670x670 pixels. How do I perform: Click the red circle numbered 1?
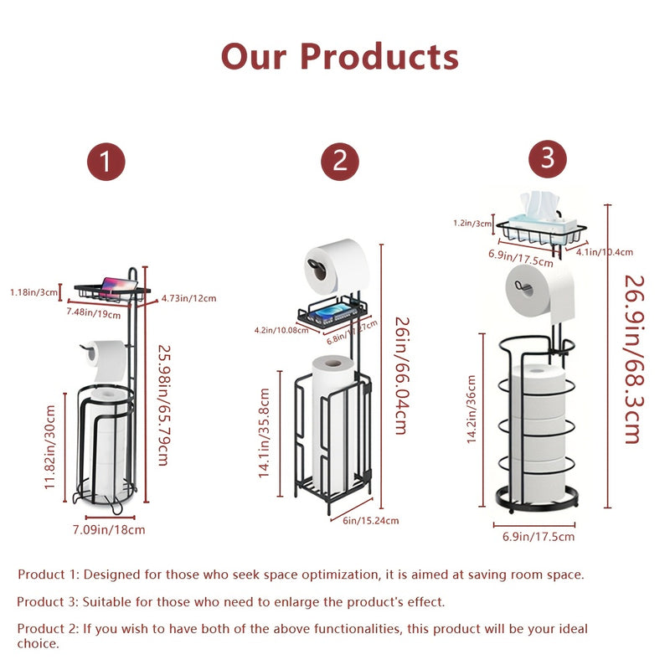pyautogui.click(x=107, y=162)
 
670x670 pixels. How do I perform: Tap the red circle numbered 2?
pyautogui.click(x=340, y=162)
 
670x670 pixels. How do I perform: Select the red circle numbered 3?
pyautogui.click(x=548, y=158)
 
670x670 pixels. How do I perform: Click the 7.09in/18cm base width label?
pyautogui.click(x=109, y=529)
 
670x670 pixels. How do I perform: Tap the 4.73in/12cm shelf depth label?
pyautogui.click(x=188, y=298)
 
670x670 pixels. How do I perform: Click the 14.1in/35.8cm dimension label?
pyautogui.click(x=264, y=434)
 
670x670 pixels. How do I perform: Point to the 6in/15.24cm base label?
pyautogui.click(x=371, y=520)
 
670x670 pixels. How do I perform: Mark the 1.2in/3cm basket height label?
pyautogui.click(x=472, y=224)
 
